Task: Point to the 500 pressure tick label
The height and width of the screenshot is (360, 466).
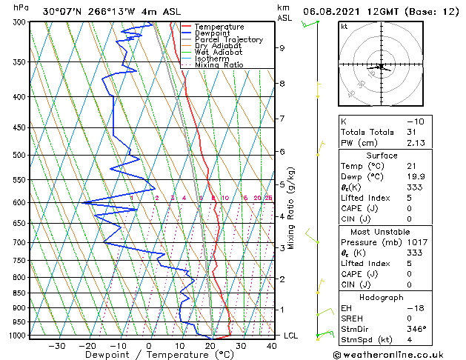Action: coord(18,156)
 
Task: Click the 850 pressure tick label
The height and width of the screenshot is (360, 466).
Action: coord(18,293)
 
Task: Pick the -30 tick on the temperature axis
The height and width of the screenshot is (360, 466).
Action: coord(56,345)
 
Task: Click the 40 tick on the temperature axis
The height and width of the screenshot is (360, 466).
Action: coord(271,345)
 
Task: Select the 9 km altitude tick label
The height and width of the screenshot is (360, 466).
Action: coord(282,48)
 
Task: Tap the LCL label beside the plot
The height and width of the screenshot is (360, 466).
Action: coord(291,336)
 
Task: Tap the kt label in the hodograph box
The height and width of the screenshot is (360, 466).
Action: coord(344,27)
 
